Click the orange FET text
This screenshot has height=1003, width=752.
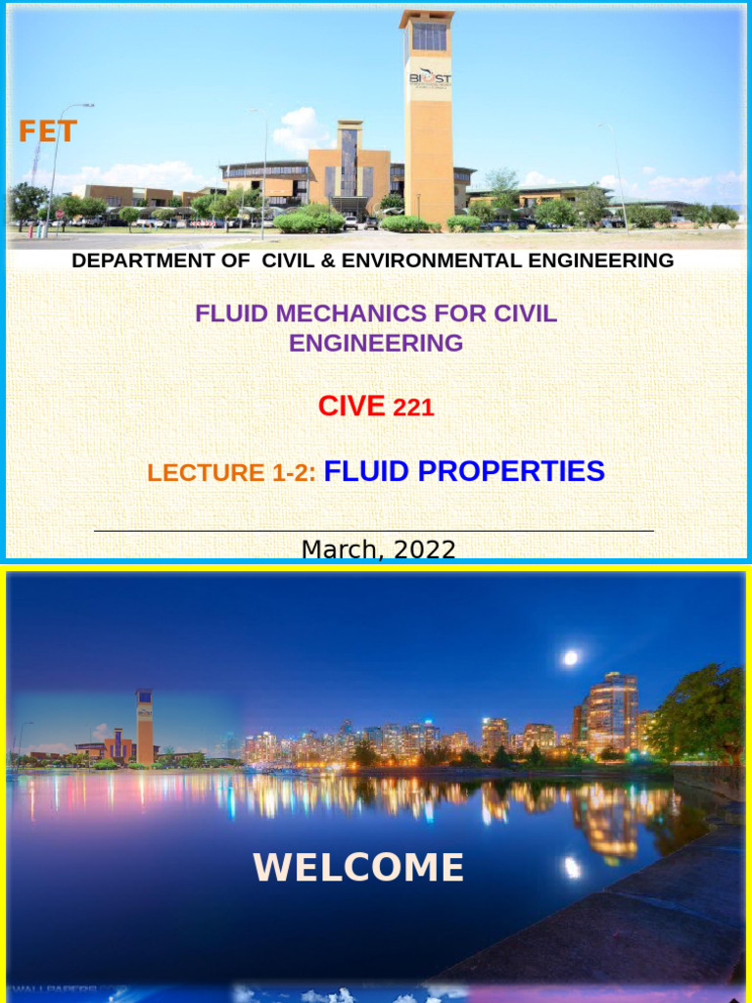47,131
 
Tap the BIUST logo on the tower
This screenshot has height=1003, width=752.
430,77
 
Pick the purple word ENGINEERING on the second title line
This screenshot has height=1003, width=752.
376,343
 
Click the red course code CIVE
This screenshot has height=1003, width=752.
352,406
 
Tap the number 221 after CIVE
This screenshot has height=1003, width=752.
413,408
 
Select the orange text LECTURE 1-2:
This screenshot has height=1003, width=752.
232,473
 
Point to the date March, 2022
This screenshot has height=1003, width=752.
378,549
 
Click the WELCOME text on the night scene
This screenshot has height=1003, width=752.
358,868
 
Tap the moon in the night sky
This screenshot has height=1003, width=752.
570,658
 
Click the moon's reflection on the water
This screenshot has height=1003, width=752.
572,867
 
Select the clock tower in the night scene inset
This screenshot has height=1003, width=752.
144,725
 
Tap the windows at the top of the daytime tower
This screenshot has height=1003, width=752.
429,36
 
